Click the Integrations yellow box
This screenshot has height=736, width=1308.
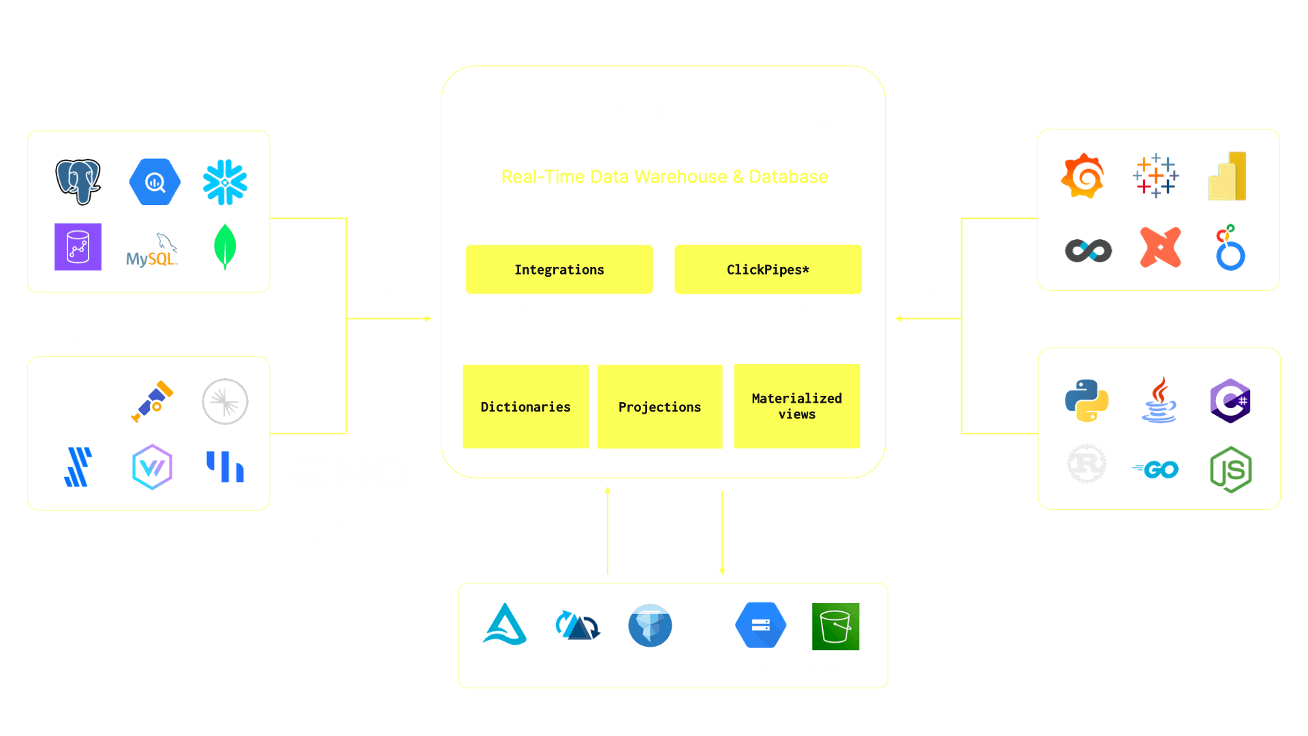pos(559,270)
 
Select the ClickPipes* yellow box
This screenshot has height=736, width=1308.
pos(768,270)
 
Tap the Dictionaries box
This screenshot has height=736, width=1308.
pos(525,407)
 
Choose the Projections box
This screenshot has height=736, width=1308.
pos(659,407)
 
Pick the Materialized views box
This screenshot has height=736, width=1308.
pos(796,406)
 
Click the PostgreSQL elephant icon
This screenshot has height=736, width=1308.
pos(78,181)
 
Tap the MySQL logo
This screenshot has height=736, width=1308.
pos(152,251)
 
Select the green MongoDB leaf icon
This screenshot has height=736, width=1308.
pos(225,247)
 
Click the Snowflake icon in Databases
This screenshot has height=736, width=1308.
pos(225,182)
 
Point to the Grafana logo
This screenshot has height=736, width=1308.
pos(1083,177)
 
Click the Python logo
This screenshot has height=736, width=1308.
pos(1087,401)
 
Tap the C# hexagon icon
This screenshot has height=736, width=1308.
pos(1230,401)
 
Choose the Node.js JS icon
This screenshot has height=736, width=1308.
pos(1231,470)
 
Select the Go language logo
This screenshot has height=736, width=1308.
pos(1155,470)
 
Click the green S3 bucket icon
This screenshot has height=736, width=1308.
pos(835,626)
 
